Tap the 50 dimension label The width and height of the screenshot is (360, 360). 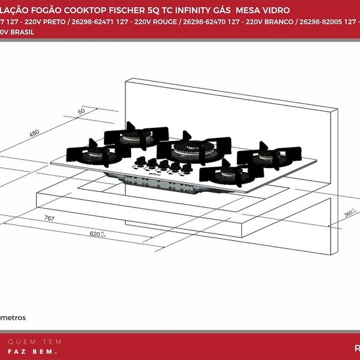[82, 112]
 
